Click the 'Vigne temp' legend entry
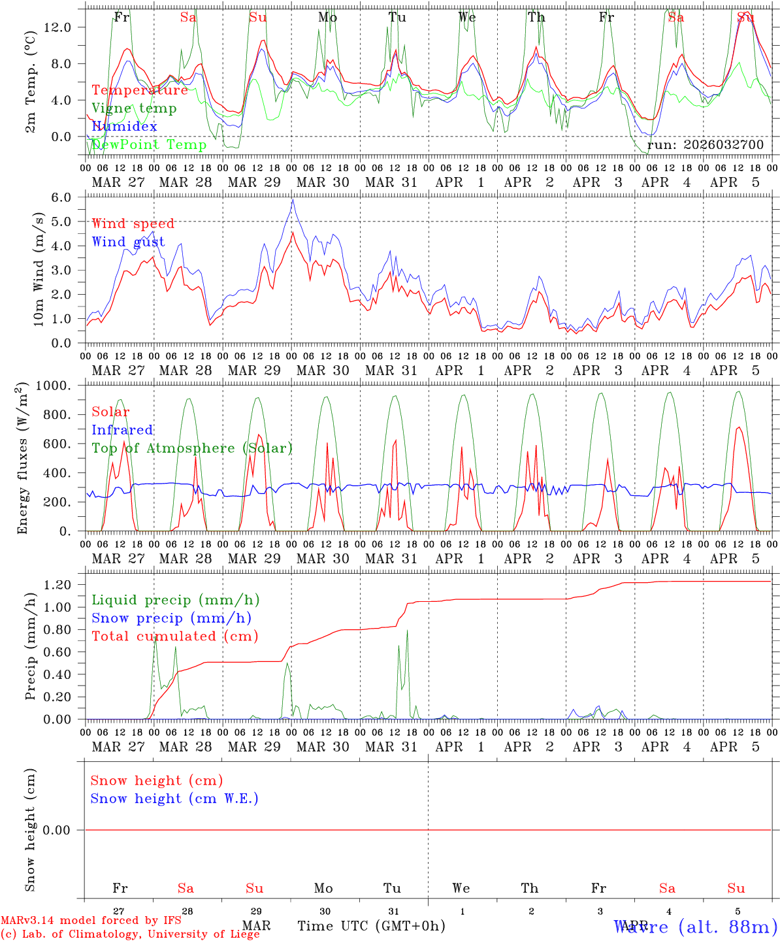point(134,108)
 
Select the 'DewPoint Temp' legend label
point(149,145)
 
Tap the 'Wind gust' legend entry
point(128,242)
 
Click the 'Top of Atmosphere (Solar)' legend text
point(192,448)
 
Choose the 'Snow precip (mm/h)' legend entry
point(171,618)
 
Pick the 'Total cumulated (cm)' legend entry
point(174,636)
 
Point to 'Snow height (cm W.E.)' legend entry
point(174,799)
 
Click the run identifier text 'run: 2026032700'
point(706,145)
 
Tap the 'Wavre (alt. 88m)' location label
point(696,926)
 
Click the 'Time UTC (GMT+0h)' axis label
point(371,926)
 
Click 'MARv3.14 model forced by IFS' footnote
point(91,921)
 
